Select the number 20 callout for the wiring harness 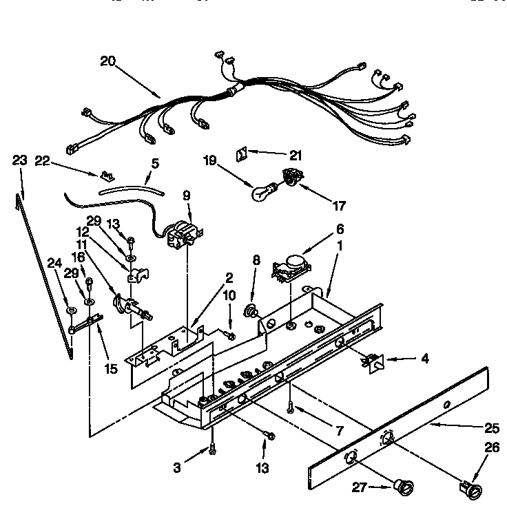107,61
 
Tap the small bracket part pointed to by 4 373,359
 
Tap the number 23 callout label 21,160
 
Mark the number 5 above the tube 155,164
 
